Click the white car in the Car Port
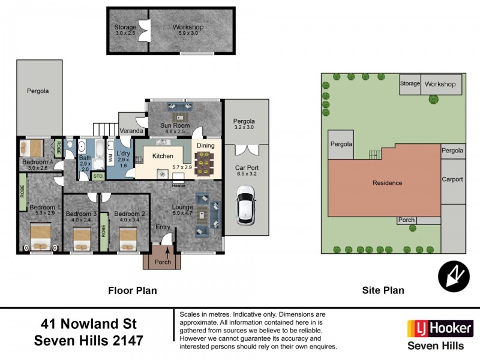(245, 203)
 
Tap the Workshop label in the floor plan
(188, 27)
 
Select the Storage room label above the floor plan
(126, 27)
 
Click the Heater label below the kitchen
(178, 185)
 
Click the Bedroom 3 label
(81, 214)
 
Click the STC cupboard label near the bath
(98, 176)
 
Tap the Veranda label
(132, 130)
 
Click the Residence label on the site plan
(387, 182)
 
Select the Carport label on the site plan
(452, 179)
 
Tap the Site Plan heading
(383, 290)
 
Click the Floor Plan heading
(132, 290)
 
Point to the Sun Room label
(175, 125)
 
